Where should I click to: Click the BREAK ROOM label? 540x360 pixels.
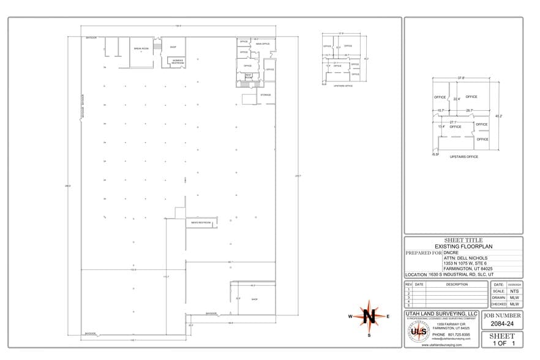141,47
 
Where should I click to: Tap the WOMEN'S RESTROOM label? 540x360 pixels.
178,61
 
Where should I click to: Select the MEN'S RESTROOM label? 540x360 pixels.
201,222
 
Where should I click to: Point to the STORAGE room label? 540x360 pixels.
265,95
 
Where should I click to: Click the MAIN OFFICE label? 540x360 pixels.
263,44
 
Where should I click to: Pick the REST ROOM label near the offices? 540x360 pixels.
249,76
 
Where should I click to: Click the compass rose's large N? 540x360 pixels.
369,316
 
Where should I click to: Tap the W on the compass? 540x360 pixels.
350,317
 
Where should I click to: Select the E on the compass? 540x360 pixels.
388,317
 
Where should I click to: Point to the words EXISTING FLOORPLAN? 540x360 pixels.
463,246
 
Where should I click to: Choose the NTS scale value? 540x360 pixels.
514,291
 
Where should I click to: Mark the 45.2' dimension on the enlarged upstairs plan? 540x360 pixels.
498,116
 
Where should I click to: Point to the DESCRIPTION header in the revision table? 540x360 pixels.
457,284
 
